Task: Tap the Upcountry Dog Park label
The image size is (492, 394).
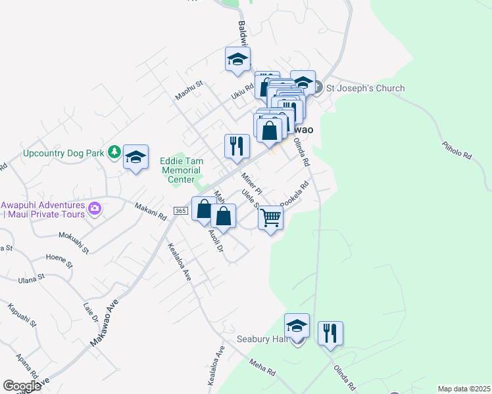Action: pos(64,153)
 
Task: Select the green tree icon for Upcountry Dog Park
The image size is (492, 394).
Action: pos(114,152)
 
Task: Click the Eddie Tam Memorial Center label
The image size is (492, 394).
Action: pos(182,170)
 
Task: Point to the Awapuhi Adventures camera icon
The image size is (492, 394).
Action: pos(95,209)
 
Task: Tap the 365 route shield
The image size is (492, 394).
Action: pos(182,210)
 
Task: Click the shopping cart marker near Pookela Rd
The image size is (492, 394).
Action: pos(270,218)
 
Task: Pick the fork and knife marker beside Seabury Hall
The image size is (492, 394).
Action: pos(330,333)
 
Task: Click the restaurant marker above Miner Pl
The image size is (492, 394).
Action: pos(237,146)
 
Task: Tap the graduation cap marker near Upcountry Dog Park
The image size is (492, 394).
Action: pos(135,157)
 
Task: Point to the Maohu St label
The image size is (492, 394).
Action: pos(191,91)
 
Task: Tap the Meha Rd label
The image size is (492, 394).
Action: pos(262,367)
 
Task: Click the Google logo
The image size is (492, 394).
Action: pos(22,386)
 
